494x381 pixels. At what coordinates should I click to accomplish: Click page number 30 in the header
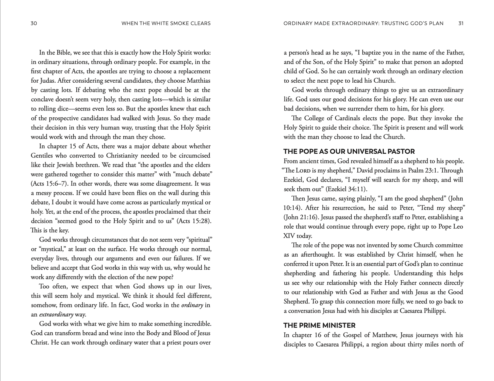34,24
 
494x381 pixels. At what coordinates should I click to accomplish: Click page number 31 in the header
461,24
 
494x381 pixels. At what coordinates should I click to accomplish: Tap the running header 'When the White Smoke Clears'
166,24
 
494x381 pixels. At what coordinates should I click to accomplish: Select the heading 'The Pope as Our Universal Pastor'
349,152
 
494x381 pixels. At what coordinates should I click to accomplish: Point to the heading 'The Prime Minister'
319,325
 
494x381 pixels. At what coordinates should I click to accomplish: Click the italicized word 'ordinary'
192,305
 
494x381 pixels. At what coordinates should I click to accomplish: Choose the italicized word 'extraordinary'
56,315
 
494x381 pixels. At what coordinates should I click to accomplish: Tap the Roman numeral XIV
289,236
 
